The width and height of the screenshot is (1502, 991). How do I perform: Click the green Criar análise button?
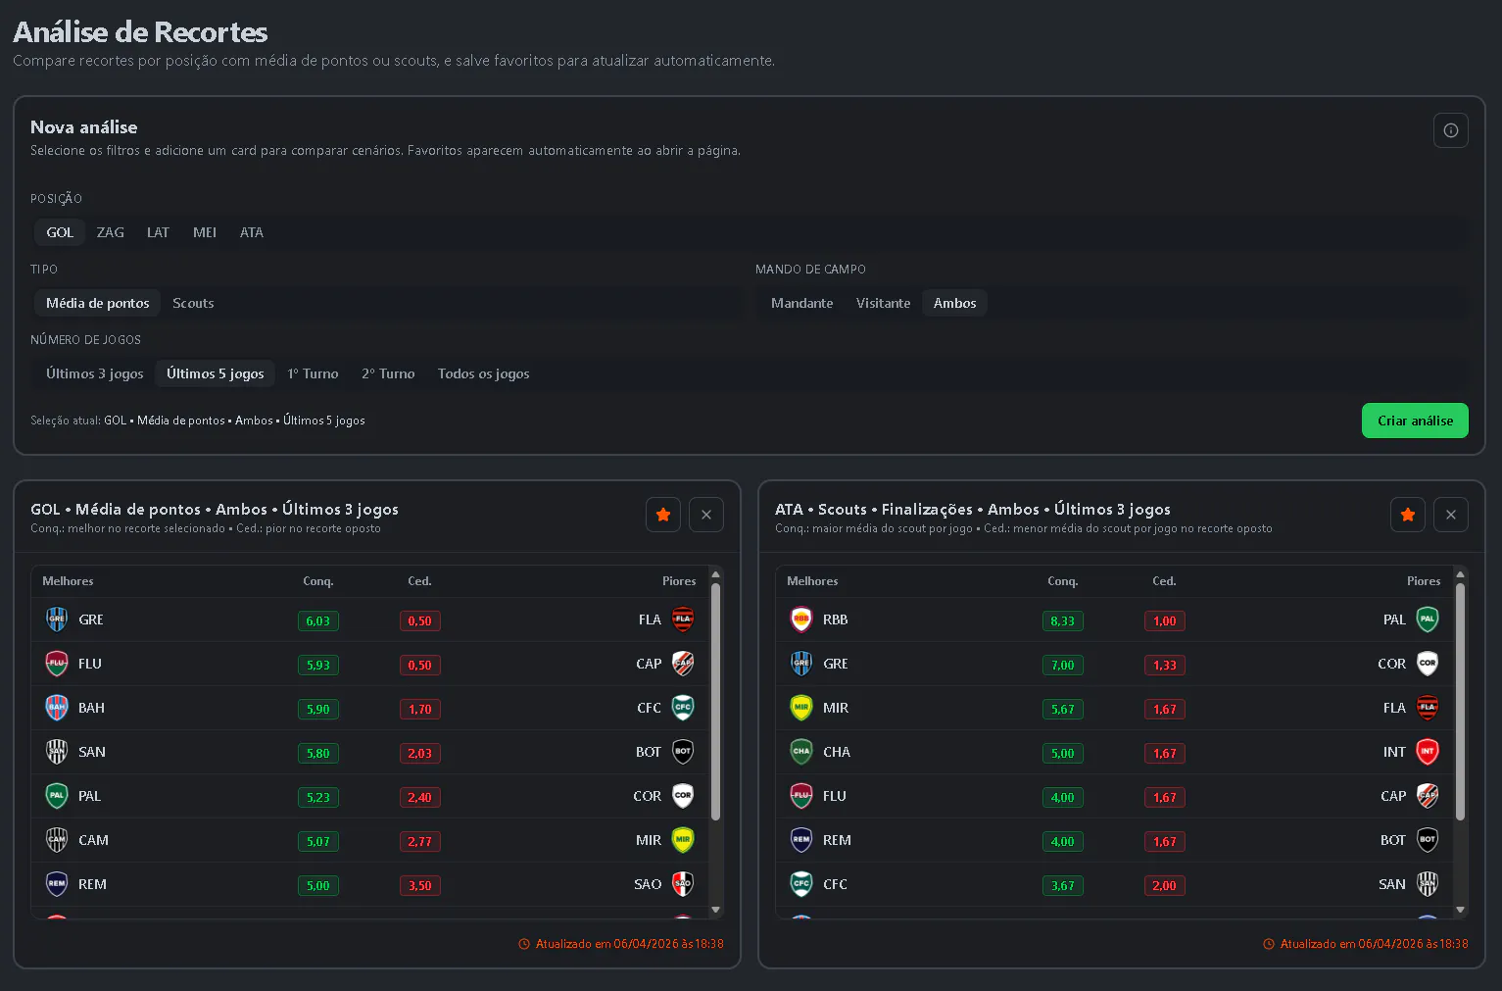pos(1415,421)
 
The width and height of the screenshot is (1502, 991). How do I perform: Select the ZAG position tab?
pos(110,232)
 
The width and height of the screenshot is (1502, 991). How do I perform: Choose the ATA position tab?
pos(252,232)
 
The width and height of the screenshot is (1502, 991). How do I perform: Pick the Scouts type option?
pos(193,303)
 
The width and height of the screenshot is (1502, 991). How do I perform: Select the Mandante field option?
pos(802,303)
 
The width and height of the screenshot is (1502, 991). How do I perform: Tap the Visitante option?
pos(883,303)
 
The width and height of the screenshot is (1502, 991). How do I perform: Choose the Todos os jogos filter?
pos(483,373)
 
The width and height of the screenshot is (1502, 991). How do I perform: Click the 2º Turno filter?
pos(388,373)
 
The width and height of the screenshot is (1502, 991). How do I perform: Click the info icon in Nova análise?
pos(1450,130)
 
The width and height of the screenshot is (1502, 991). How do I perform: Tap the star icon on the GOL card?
pos(663,515)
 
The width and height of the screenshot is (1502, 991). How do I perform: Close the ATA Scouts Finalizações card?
pos(1450,515)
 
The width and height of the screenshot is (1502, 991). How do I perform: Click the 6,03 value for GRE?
pos(317,620)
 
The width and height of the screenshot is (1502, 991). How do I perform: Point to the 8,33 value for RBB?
pos(1062,620)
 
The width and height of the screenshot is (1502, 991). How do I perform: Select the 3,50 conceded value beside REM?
pos(419,885)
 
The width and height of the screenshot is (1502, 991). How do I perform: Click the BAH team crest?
pos(56,707)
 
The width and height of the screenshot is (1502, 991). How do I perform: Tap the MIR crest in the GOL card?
pos(683,839)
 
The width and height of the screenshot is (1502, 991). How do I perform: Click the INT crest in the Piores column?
pos(1427,752)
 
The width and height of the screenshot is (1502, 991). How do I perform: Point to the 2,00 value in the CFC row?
pos(1164,885)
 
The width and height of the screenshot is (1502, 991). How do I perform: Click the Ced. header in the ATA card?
pos(1164,581)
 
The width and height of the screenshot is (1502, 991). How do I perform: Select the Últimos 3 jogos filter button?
pos(94,373)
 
